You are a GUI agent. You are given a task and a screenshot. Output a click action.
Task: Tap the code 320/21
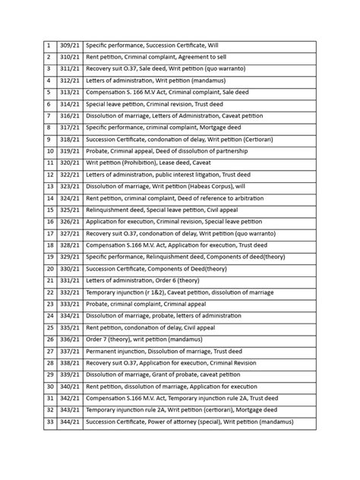pos(69,163)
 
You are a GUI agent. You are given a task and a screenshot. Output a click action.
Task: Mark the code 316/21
pos(69,117)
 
